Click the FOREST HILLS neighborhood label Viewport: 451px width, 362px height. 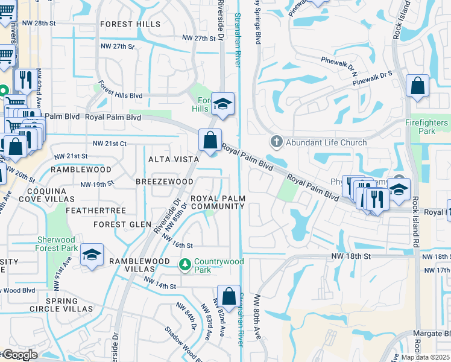(130, 24)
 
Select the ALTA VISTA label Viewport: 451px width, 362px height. (174, 159)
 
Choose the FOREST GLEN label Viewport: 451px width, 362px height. (122, 224)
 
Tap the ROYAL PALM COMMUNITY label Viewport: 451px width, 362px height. (218, 202)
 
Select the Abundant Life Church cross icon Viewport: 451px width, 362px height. (276, 142)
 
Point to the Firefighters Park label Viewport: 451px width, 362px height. (427, 127)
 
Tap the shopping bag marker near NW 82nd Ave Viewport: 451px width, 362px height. (229, 296)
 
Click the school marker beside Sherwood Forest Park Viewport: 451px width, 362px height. (92, 255)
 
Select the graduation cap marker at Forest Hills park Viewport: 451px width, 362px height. (222, 104)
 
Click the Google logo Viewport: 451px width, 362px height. (19, 355)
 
